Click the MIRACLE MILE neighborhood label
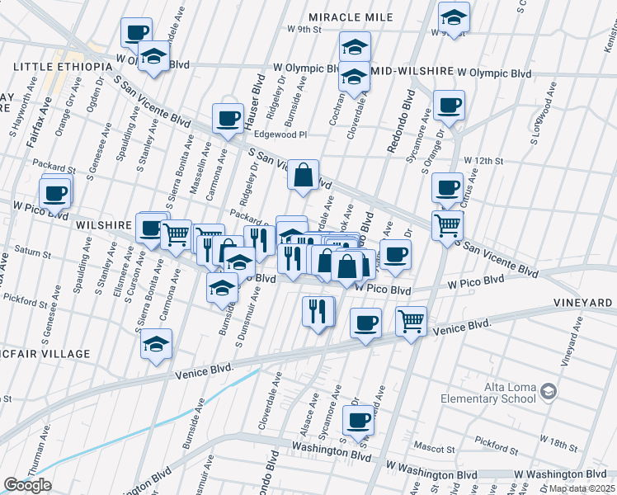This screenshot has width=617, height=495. tap(353, 17)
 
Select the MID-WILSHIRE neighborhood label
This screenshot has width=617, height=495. tap(412, 72)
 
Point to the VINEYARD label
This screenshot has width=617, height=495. tap(584, 303)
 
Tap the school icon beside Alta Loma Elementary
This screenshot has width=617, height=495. tap(547, 395)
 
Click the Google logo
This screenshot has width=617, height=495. tap(27, 485)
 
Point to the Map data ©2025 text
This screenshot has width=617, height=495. tap(581, 488)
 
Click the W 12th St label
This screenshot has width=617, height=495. tap(483, 160)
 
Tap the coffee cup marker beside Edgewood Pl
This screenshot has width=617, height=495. tap(227, 117)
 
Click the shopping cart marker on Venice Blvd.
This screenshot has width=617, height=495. tap(411, 321)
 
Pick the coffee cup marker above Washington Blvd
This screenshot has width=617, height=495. tap(358, 419)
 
